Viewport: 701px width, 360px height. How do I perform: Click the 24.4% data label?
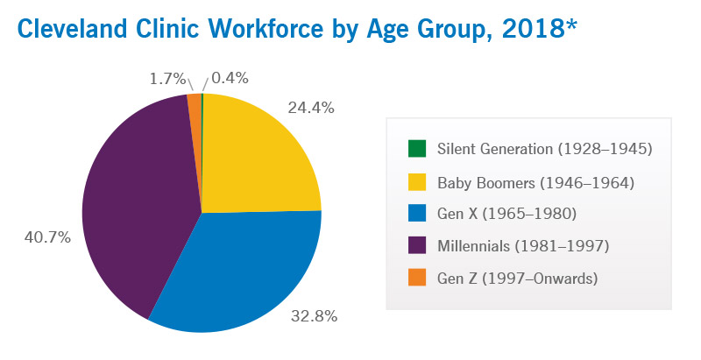(311, 108)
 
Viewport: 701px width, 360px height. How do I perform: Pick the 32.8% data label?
(314, 316)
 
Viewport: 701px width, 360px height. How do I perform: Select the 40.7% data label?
(47, 237)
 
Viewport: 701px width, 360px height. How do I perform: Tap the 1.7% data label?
(167, 79)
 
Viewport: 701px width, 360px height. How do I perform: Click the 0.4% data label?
(230, 78)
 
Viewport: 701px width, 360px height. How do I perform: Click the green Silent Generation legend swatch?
(417, 149)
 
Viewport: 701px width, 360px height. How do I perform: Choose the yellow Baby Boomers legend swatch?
(417, 182)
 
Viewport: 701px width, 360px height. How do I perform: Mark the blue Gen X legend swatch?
(417, 214)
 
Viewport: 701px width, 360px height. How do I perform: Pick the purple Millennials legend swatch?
(417, 245)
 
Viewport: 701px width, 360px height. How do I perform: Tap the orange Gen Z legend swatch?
(417, 278)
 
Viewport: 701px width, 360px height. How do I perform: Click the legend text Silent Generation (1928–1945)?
(544, 149)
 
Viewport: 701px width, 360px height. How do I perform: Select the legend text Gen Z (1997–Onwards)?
(517, 279)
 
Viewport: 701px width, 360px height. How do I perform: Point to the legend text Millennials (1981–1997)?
(523, 246)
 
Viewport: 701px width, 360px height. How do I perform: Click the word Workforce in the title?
(266, 29)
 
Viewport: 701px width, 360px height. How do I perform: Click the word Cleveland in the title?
(72, 29)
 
